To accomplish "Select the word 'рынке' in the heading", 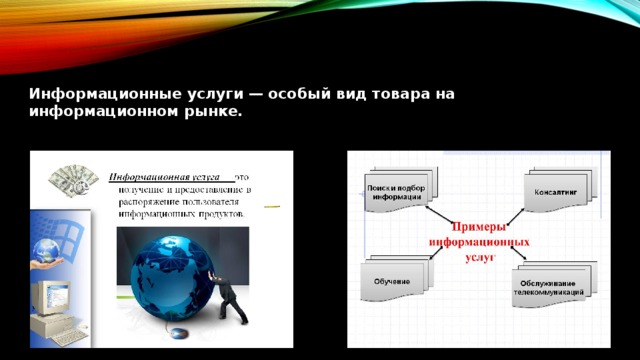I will (x=212, y=112).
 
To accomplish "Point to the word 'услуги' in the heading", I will (x=199, y=94).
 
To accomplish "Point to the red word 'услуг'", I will (x=477, y=257).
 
